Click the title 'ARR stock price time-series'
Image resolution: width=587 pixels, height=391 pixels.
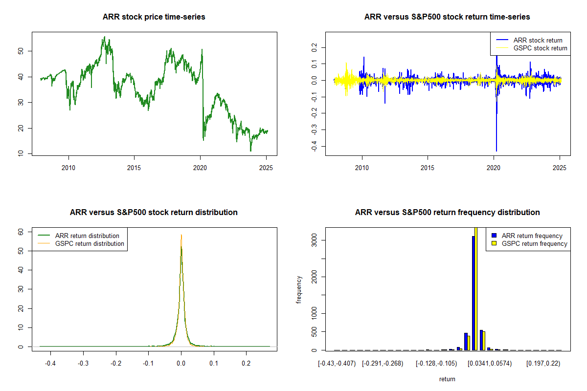coord(154,17)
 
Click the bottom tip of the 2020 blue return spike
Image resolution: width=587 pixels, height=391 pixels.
coord(497,151)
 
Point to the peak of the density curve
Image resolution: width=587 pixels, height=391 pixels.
coord(181,235)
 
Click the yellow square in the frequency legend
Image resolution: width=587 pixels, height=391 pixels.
coord(494,243)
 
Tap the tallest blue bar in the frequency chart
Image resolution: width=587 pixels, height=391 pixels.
coord(473,293)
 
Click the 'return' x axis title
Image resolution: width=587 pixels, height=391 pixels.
coord(447,379)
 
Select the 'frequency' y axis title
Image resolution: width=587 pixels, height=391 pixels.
coord(299,289)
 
